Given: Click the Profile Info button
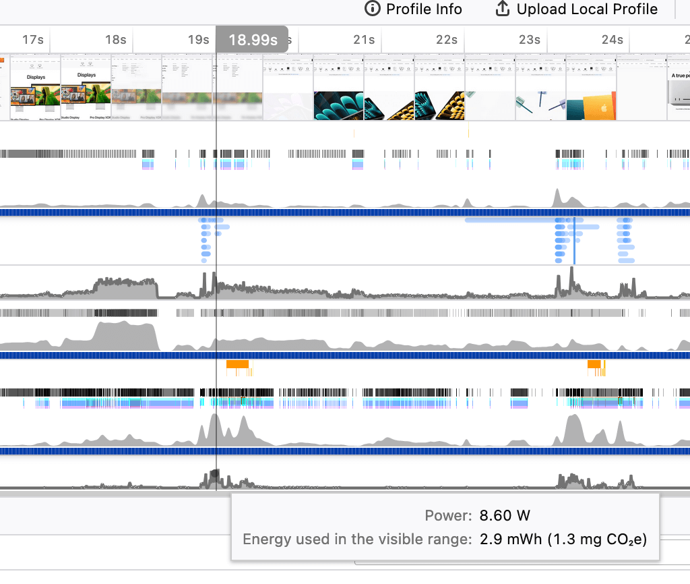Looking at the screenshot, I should pos(413,9).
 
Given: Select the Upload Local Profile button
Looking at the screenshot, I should pos(576,9).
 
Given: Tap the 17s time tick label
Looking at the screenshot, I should pos(32,40).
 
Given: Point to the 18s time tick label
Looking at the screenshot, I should pos(116,40).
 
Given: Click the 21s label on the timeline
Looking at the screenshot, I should pos(364,40).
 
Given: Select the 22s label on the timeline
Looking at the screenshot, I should pos(447,40).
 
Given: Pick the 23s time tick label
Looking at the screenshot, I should pos(530,40).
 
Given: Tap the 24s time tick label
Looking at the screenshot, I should pos(613,40).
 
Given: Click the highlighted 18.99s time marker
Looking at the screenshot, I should pos(253,40).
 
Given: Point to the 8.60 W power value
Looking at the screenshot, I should pos(505,516).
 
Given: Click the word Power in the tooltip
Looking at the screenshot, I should pos(448,516).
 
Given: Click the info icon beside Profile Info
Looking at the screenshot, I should pos(372,9).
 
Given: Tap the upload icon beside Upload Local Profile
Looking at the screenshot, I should pos(502,9).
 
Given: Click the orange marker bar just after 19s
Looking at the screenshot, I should pos(237,364).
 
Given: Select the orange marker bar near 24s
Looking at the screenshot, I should pos(594,364).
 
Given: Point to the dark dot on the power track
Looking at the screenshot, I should pos(215,473).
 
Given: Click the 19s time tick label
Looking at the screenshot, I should pos(198,40).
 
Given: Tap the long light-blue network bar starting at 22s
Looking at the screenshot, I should pos(512,220).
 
